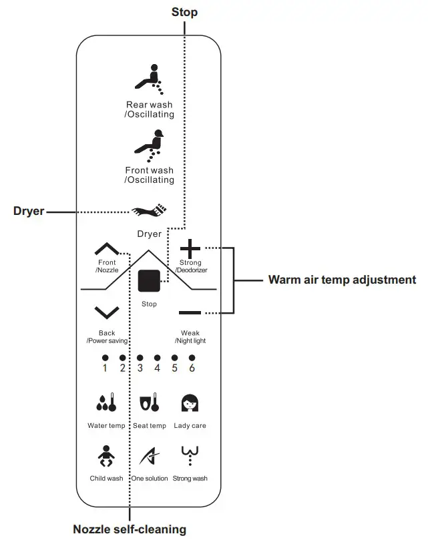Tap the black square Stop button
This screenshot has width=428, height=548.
[148, 281]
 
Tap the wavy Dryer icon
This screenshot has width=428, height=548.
[149, 212]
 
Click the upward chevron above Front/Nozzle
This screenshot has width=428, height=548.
[107, 250]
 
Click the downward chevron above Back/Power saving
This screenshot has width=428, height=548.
[107, 312]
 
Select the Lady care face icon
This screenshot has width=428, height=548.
[190, 403]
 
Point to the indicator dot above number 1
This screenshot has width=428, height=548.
[105, 358]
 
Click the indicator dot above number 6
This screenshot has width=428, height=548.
[192, 358]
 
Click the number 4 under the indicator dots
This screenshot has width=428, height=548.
[157, 368]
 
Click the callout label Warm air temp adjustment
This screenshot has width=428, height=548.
[342, 280]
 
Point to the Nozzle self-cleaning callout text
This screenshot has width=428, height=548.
[130, 530]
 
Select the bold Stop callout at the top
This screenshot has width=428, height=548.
[184, 12]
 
